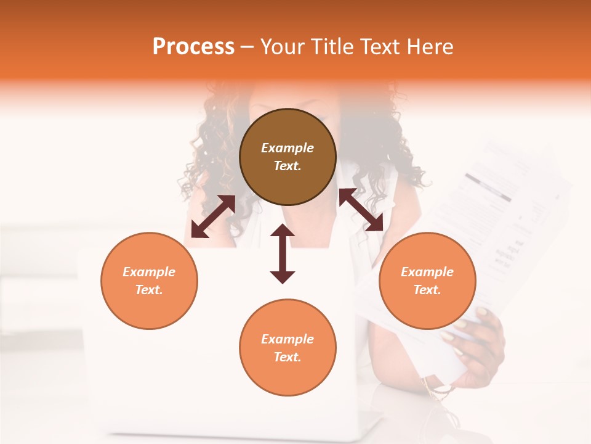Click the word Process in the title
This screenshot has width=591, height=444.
(193, 47)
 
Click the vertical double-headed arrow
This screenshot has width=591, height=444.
(283, 254)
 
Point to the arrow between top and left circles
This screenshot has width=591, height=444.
(213, 216)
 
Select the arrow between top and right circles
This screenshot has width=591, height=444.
(361, 210)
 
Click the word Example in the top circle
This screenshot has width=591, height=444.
(287, 148)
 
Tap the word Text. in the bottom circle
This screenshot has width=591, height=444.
(287, 357)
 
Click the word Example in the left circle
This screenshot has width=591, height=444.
(149, 272)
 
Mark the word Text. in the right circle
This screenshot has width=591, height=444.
(427, 290)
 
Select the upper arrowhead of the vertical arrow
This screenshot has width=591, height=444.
(283, 232)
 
